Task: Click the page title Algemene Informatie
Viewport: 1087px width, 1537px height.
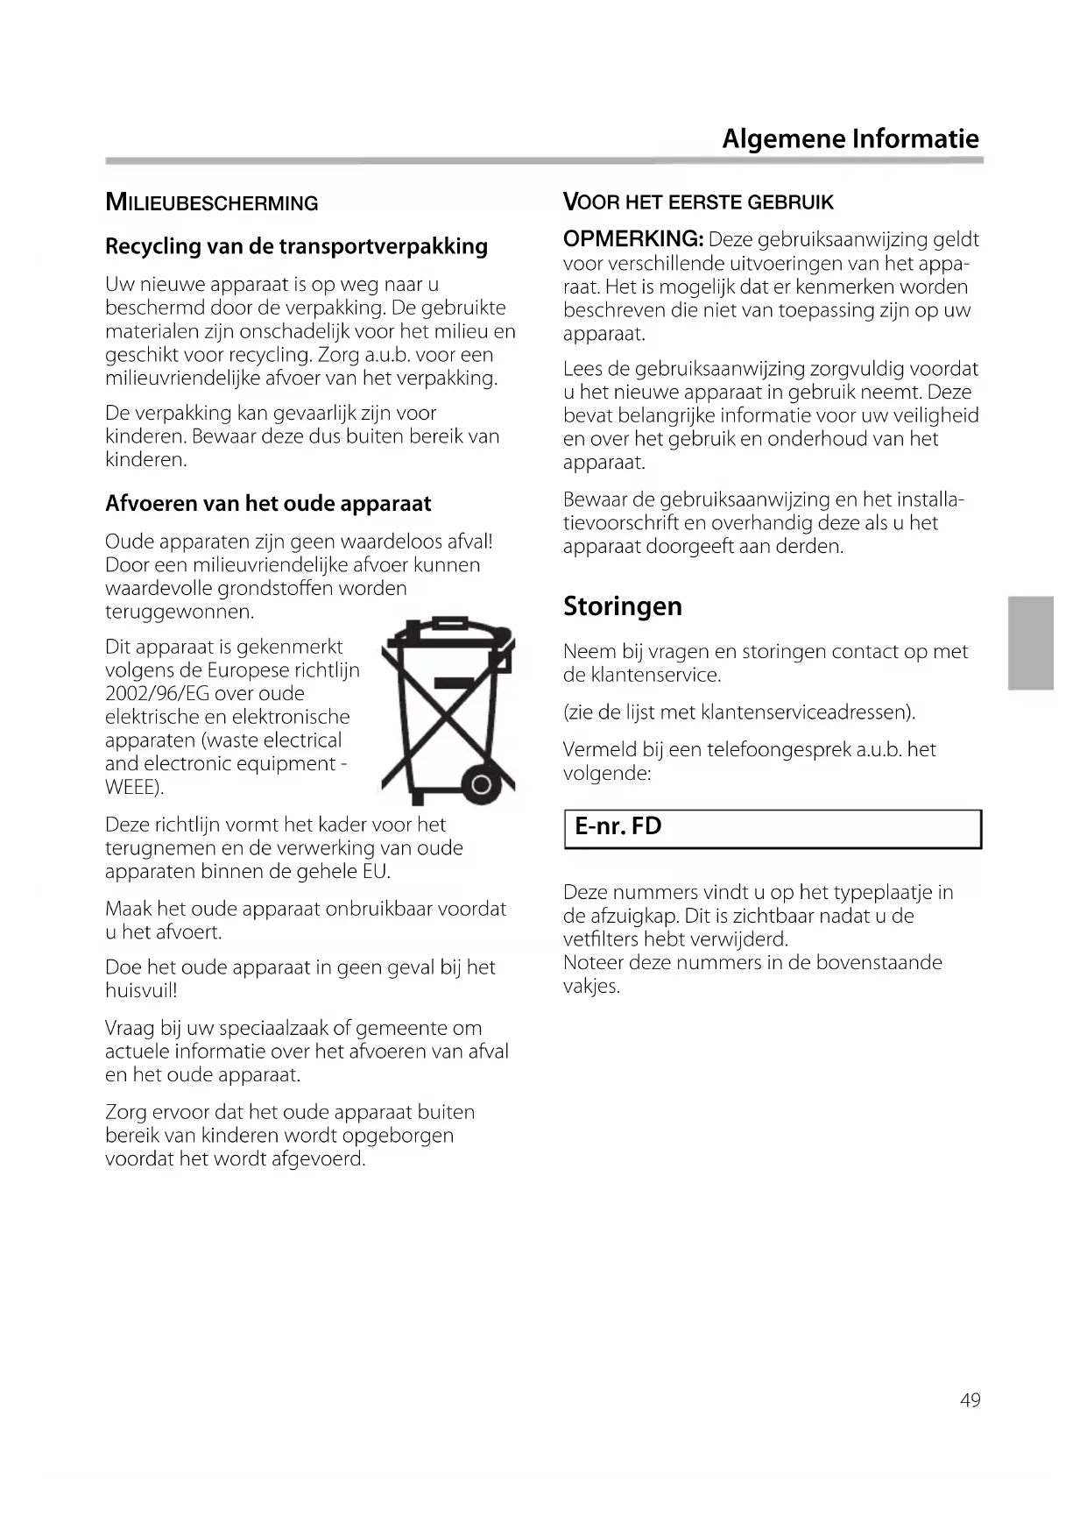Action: tap(850, 138)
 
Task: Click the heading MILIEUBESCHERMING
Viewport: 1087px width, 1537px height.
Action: tap(211, 202)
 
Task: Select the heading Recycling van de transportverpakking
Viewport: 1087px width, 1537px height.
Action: tap(296, 246)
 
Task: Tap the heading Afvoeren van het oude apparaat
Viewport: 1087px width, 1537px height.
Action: tap(268, 504)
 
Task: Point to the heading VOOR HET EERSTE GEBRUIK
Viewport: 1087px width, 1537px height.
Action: tap(698, 202)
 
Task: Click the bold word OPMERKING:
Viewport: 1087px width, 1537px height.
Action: tap(633, 239)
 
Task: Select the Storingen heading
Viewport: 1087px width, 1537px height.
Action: tap(622, 606)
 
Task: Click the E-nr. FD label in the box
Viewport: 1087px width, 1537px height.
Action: tap(618, 826)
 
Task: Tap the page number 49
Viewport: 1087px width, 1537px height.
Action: tap(970, 1400)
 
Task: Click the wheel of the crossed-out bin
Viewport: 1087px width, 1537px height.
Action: tap(480, 785)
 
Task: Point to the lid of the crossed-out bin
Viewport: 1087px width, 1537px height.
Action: tap(448, 629)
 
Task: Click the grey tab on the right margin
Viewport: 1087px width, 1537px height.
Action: tap(1030, 642)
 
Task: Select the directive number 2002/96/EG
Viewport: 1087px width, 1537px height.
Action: tap(159, 694)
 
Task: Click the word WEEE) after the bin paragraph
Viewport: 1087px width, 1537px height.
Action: tap(134, 788)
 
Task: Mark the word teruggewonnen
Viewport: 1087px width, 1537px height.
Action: tap(180, 612)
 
